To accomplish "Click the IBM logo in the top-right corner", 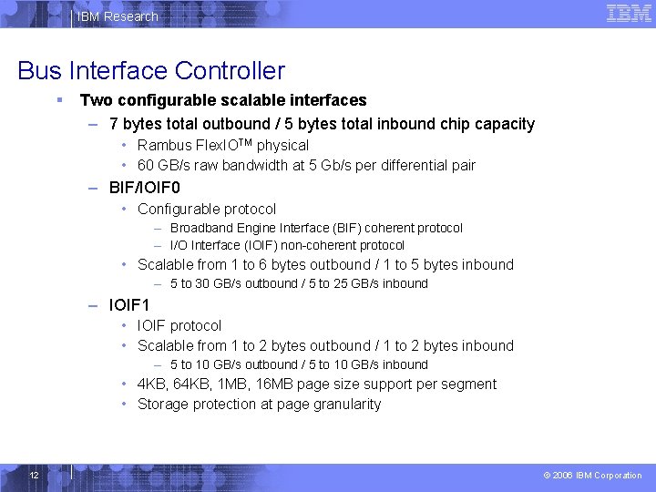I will pos(629,13).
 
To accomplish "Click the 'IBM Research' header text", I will pos(118,16).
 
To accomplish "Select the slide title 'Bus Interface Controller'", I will pos(151,70).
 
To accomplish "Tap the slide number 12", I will pos(34,476).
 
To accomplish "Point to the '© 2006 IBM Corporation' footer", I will pos(592,476).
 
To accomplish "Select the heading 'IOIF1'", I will pos(128,305).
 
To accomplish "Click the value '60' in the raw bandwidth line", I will pos(145,166).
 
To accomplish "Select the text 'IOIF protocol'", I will pos(179,326).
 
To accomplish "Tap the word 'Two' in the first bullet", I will pos(93,100).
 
